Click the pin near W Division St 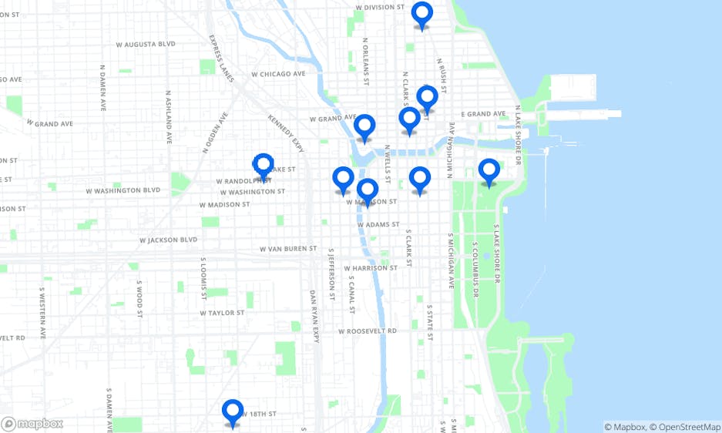click(421, 15)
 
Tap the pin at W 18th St click(233, 412)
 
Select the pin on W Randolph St click(264, 166)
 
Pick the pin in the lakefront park click(489, 172)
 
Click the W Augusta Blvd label click(146, 45)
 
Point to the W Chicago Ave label click(278, 74)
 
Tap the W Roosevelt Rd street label click(367, 331)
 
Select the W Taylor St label click(222, 313)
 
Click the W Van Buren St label click(288, 249)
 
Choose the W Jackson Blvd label click(169, 240)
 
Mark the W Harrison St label click(371, 268)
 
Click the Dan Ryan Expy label click(314, 316)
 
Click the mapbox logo click(32, 424)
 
